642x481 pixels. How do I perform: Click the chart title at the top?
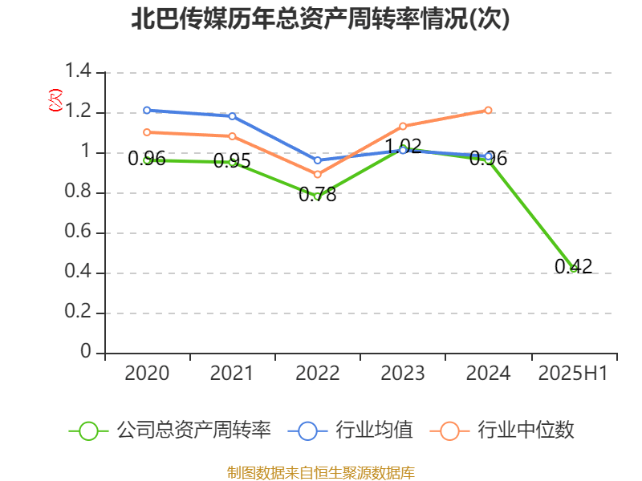(320, 19)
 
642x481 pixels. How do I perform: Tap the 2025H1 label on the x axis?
(573, 373)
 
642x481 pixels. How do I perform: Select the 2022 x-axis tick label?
(318, 373)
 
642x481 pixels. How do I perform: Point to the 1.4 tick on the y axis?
(78, 72)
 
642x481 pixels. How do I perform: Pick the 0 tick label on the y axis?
(87, 353)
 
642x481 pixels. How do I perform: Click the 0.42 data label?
(573, 267)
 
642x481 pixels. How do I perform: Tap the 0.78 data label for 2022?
(317, 195)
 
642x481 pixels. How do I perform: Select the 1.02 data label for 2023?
(403, 147)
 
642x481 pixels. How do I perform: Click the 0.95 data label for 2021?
(232, 161)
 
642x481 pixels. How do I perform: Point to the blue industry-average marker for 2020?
(147, 110)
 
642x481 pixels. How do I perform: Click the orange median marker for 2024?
(488, 110)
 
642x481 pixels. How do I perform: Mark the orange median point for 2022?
(318, 174)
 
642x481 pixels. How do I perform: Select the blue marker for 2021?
(232, 116)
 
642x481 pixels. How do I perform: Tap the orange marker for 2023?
(403, 126)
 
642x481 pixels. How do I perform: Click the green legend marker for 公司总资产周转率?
(88, 430)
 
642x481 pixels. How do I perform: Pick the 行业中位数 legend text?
(526, 430)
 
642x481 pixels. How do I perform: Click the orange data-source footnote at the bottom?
(320, 472)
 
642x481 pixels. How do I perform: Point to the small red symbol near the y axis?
(55, 100)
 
